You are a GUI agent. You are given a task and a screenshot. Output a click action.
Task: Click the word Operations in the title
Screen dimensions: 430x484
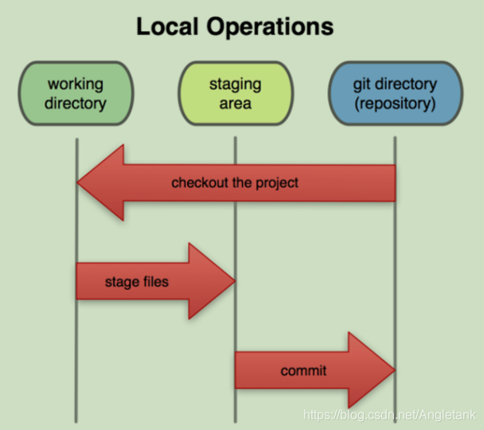[272, 27]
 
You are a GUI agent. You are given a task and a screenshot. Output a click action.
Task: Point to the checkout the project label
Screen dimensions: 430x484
[235, 183]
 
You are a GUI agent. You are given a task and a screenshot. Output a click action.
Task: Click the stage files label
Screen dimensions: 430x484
[137, 281]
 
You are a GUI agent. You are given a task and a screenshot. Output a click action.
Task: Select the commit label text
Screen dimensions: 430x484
[303, 371]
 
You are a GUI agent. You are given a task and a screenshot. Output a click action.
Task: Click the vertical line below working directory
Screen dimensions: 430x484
[76, 231]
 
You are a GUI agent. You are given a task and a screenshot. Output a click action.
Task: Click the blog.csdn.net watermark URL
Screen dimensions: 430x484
[390, 415]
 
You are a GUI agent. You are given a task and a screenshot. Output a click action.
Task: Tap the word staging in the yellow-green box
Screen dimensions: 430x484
[235, 83]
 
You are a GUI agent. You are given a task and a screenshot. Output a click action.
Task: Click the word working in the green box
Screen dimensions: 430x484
[76, 83]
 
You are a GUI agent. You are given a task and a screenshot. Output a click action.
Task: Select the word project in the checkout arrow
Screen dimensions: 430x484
[276, 183]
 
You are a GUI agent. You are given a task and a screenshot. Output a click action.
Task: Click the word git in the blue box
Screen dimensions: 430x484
[362, 83]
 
